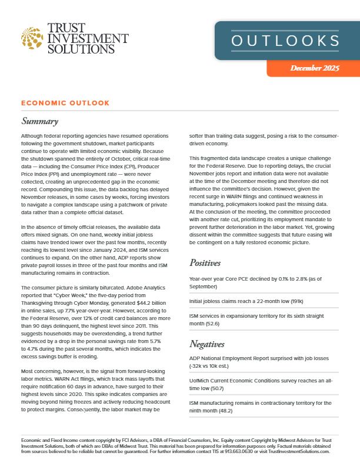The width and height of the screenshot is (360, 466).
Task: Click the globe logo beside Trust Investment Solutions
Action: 31,38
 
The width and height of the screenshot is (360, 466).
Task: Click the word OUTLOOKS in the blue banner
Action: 285,41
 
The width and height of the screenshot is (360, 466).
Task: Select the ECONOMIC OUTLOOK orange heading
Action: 65,103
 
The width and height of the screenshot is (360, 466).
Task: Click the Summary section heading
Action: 39,121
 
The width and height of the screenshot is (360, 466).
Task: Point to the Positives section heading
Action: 208,262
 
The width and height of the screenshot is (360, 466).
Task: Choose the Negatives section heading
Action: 211,343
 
